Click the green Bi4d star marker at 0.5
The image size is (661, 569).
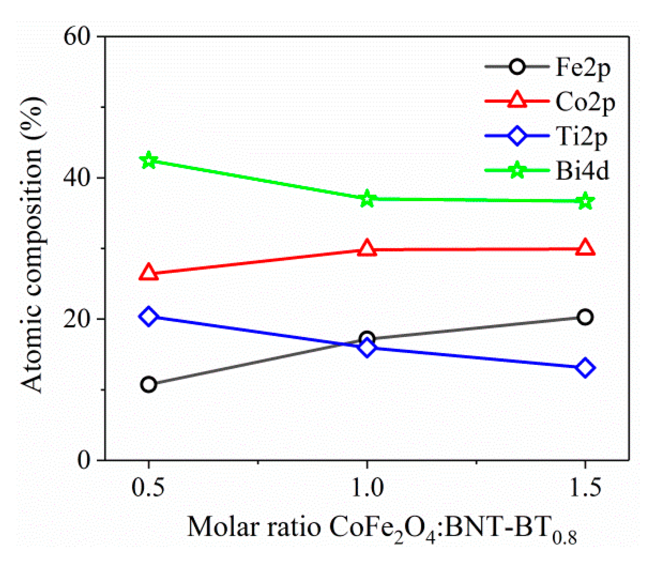pos(149,161)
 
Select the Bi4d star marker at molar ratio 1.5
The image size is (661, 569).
pos(585,201)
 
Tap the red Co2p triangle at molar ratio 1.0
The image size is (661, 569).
pos(367,248)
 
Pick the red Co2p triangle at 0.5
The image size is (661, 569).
pos(149,273)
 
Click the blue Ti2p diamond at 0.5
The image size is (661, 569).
pos(149,316)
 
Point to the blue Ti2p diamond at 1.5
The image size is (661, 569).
pos(585,368)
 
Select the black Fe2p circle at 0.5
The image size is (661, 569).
pos(149,384)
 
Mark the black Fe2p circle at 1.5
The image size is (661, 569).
pos(585,317)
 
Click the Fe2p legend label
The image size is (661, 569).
pos(583,68)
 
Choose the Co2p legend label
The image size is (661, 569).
pos(585,102)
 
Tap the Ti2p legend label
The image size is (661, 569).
pos(582,137)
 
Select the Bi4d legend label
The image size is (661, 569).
pos(583,171)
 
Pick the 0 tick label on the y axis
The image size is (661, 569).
pos(84,460)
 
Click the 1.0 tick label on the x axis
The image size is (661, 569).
pos(367,488)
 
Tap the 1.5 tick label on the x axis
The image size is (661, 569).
pos(585,488)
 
